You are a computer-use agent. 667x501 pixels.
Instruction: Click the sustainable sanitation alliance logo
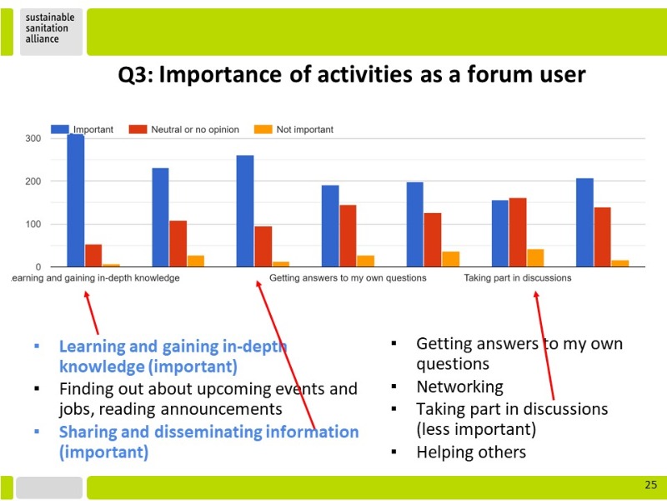pos(50,28)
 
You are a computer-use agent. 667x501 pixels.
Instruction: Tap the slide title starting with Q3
pos(352,74)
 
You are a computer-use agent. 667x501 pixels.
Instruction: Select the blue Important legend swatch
pos(59,129)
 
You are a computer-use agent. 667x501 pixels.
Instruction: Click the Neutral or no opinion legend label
pos(195,129)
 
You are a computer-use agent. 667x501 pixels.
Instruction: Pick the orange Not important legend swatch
pos(263,129)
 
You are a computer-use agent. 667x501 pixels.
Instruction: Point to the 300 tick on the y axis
pos(33,139)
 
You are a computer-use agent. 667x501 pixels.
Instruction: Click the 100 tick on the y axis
pos(33,224)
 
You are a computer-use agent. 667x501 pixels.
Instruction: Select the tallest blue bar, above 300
pos(76,200)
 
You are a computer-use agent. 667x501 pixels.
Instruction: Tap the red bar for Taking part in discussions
pos(518,232)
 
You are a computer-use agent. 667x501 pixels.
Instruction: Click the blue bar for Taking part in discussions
pos(499,234)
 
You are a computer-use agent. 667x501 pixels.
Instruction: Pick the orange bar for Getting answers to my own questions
pos(365,261)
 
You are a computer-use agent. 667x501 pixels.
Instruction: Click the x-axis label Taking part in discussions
pos(517,278)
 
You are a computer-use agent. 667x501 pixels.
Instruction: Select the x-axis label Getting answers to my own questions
pos(348,278)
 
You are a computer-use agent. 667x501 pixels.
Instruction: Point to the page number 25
pos(651,485)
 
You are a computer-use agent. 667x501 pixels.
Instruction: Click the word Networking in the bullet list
pos(460,387)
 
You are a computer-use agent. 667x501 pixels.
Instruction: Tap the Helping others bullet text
pos(471,452)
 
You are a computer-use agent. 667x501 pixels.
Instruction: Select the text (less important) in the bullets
pos(476,429)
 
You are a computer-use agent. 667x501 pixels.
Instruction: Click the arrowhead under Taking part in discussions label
pos(536,295)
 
